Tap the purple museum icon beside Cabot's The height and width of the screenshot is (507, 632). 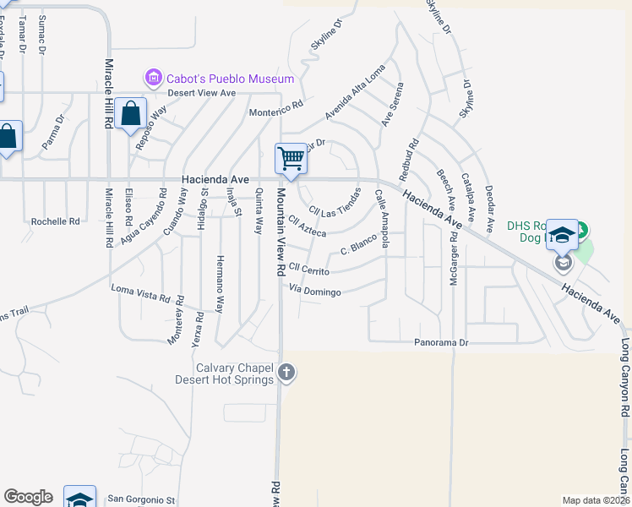click(153, 79)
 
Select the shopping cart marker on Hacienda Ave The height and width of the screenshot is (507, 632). click(291, 159)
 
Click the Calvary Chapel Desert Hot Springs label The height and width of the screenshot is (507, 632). click(224, 373)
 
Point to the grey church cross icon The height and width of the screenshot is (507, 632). click(286, 372)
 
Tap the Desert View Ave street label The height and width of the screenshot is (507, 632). click(201, 93)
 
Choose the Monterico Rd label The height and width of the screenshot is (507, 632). click(275, 109)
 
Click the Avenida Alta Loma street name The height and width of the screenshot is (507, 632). click(355, 93)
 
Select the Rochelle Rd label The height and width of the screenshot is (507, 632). click(55, 221)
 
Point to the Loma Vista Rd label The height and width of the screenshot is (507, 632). click(147, 293)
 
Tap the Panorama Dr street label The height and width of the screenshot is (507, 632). click(440, 343)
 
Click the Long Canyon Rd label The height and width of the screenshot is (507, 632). click(625, 378)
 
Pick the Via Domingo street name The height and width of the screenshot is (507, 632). click(315, 292)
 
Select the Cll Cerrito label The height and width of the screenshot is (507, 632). click(308, 268)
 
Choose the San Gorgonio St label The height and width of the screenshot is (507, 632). click(145, 500)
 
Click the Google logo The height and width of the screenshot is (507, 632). click(28, 497)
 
